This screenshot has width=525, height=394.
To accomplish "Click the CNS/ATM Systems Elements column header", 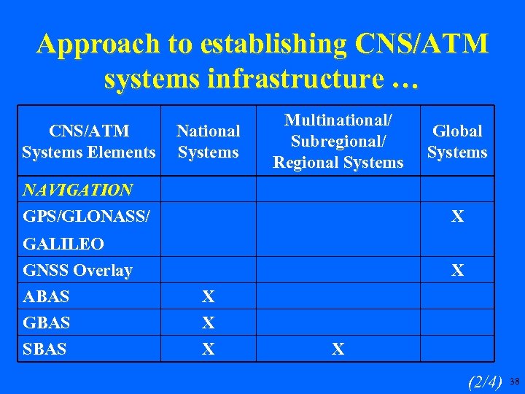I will pyautogui.click(x=89, y=142).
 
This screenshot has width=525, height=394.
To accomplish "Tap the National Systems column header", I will pyautogui.click(x=209, y=142).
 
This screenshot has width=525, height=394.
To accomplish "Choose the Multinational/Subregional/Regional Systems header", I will pyautogui.click(x=338, y=141).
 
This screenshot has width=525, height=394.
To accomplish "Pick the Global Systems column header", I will pyautogui.click(x=457, y=142).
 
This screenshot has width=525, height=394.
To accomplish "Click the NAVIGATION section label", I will pyautogui.click(x=78, y=190).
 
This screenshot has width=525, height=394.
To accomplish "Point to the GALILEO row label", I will pyautogui.click(x=63, y=244).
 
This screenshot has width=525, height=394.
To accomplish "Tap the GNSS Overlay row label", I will pyautogui.click(x=78, y=271).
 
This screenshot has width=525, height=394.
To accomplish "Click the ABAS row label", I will pyautogui.click(x=46, y=297).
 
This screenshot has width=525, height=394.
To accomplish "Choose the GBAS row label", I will pyautogui.click(x=46, y=322).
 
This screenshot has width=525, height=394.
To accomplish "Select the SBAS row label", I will pyautogui.click(x=44, y=349).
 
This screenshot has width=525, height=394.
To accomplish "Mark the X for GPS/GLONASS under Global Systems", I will pyautogui.click(x=457, y=217).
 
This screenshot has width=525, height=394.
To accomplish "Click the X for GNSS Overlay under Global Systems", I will pyautogui.click(x=457, y=271).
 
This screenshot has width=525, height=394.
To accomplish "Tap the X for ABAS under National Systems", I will pyautogui.click(x=209, y=297).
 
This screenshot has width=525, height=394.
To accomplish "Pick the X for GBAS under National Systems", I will pyautogui.click(x=209, y=322).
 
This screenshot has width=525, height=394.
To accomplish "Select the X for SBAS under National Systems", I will pyautogui.click(x=209, y=349).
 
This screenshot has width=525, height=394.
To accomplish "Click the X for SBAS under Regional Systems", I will pyautogui.click(x=338, y=349).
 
